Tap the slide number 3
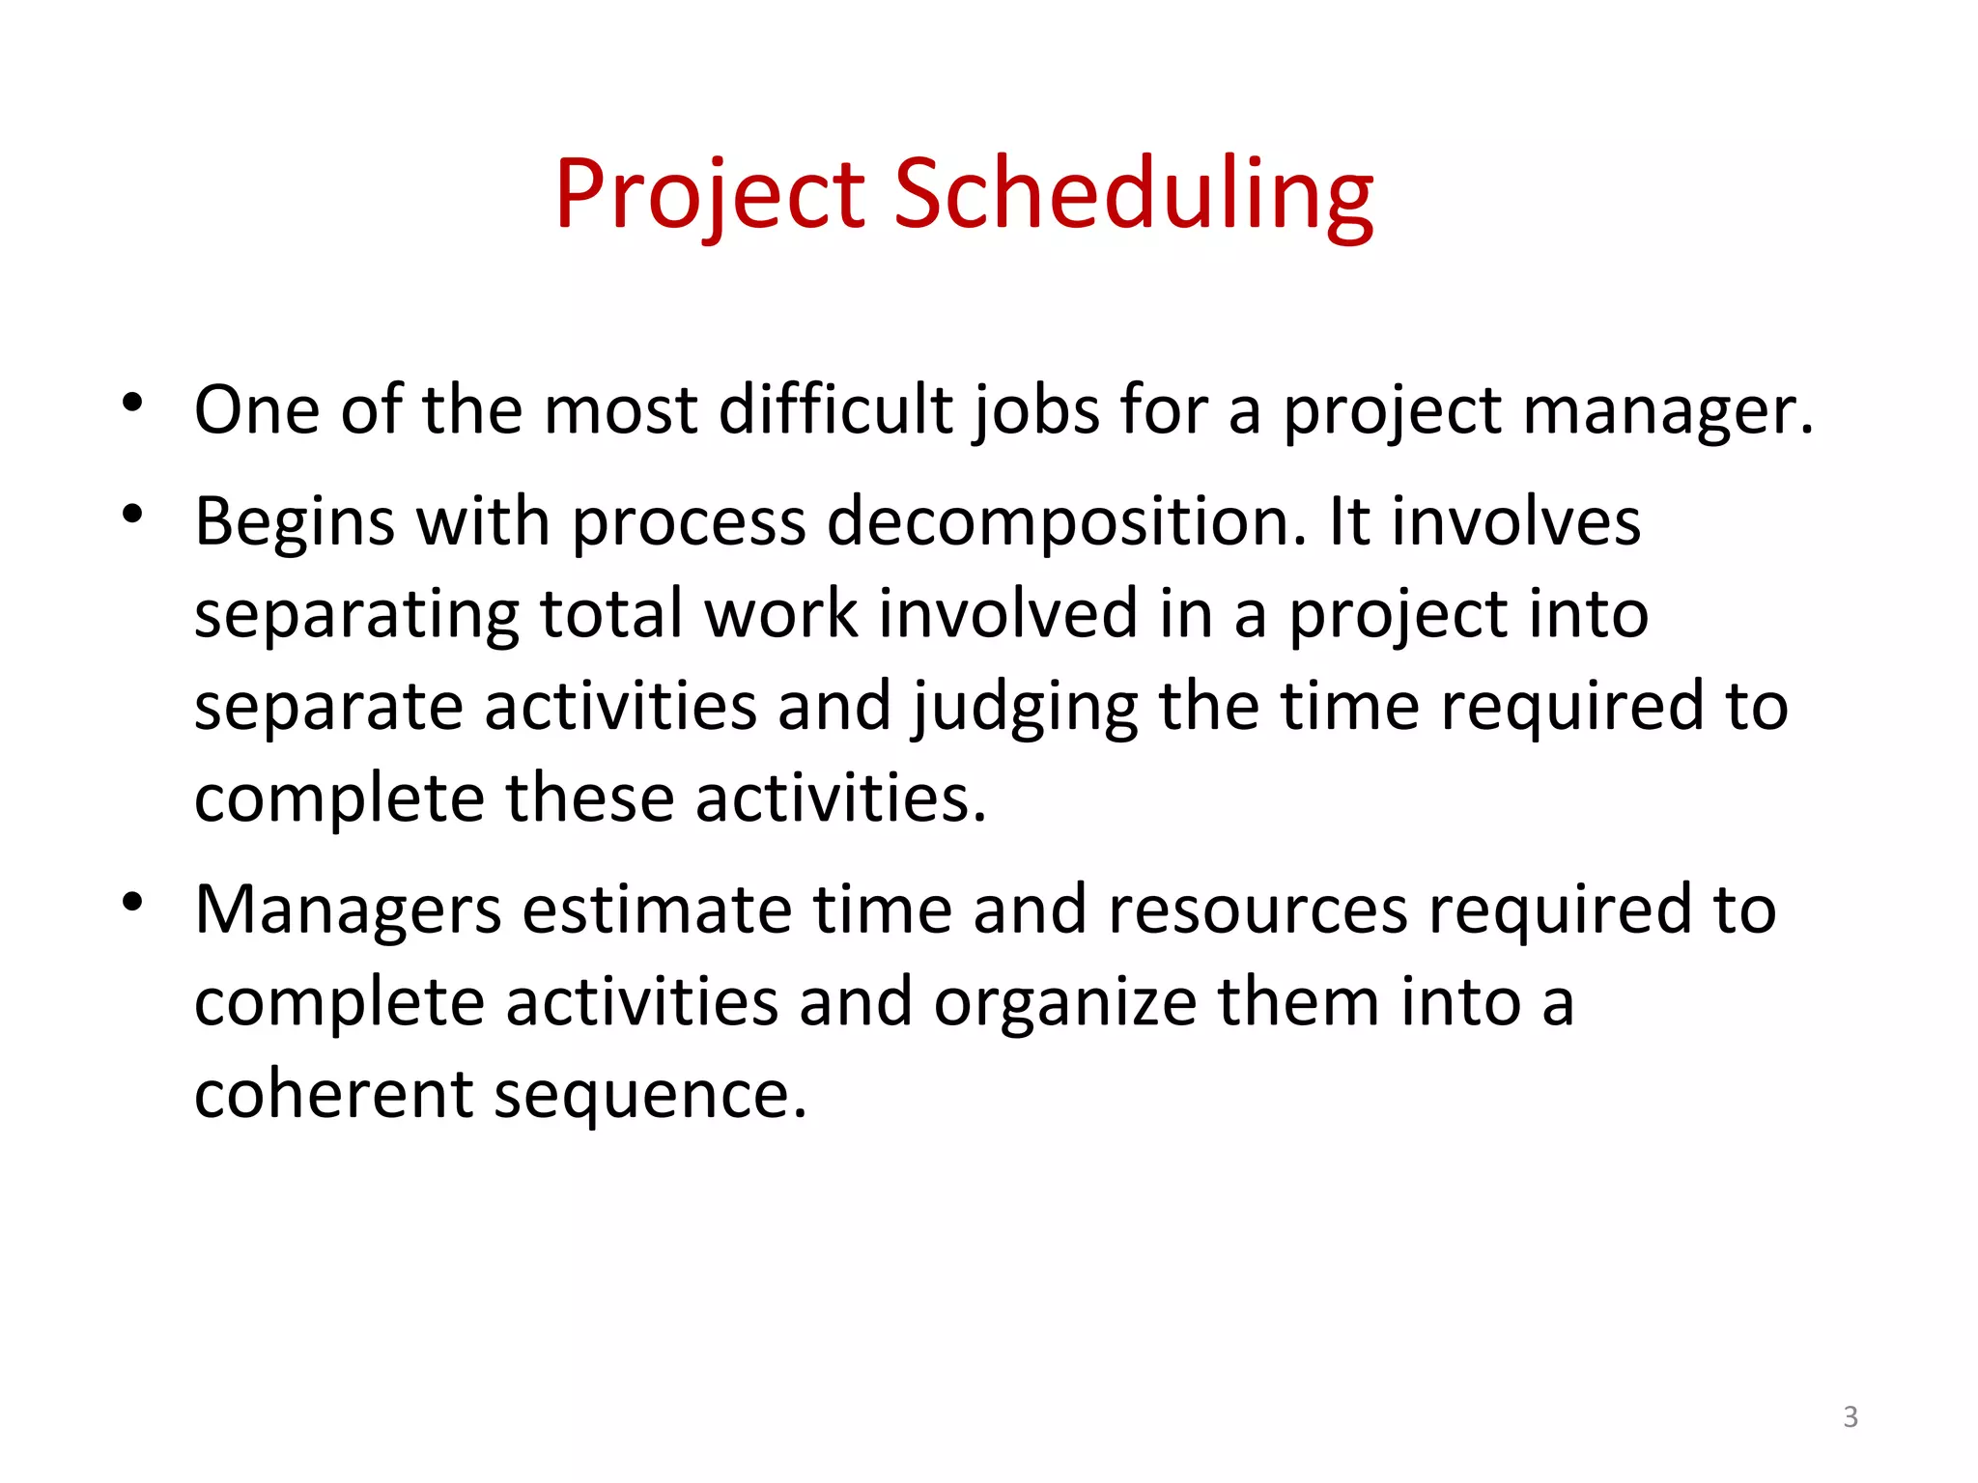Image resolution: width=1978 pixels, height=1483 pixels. pyautogui.click(x=1850, y=1416)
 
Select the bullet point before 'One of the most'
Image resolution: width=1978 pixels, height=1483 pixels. pyautogui.click(x=133, y=403)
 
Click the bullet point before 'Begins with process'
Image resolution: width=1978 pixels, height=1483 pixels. pyautogui.click(x=133, y=514)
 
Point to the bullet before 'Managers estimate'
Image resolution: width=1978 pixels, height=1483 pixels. pyautogui.click(x=133, y=903)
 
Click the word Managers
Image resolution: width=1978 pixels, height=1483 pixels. pyautogui.click(x=348, y=911)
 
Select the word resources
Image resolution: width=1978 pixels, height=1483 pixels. pyautogui.click(x=1257, y=911)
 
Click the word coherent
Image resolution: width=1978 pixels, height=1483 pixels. pyautogui.click(x=333, y=1095)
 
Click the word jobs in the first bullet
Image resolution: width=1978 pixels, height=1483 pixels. pyautogui.click(x=1036, y=411)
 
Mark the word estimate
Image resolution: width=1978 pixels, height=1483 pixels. pyautogui.click(x=657, y=911)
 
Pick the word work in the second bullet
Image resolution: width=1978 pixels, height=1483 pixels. pyautogui.click(x=780, y=614)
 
